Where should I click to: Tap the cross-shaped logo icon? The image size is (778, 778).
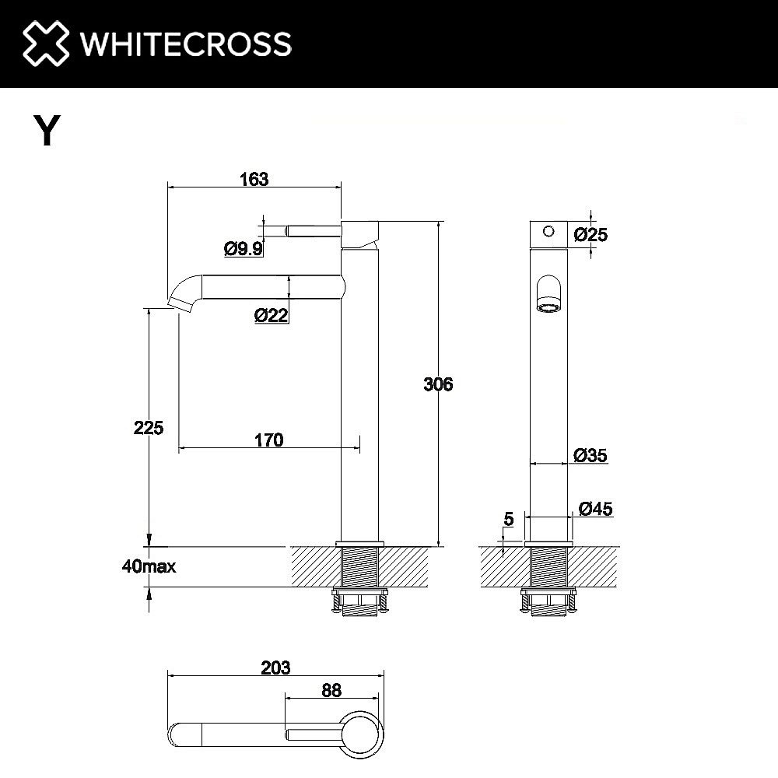(x=46, y=44)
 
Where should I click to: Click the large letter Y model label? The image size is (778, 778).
(x=46, y=130)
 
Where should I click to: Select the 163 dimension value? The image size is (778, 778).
(x=254, y=179)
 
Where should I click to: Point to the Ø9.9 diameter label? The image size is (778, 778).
(x=243, y=249)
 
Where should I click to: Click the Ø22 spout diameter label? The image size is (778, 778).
(x=272, y=316)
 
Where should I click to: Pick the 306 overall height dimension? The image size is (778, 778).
(x=437, y=384)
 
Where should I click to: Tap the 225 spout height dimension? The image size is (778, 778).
(x=148, y=427)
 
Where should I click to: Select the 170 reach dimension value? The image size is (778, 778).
(x=268, y=440)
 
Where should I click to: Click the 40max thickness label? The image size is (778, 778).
(x=149, y=566)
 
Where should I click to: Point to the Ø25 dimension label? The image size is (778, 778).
(x=591, y=233)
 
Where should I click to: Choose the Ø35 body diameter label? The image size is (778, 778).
(x=591, y=455)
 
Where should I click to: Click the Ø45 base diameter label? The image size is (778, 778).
(x=596, y=509)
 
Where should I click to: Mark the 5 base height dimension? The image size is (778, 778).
(x=508, y=519)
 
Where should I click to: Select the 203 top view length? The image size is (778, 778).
(x=275, y=668)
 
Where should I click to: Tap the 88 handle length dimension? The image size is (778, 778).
(x=330, y=689)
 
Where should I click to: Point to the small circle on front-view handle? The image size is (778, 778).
(x=548, y=231)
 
